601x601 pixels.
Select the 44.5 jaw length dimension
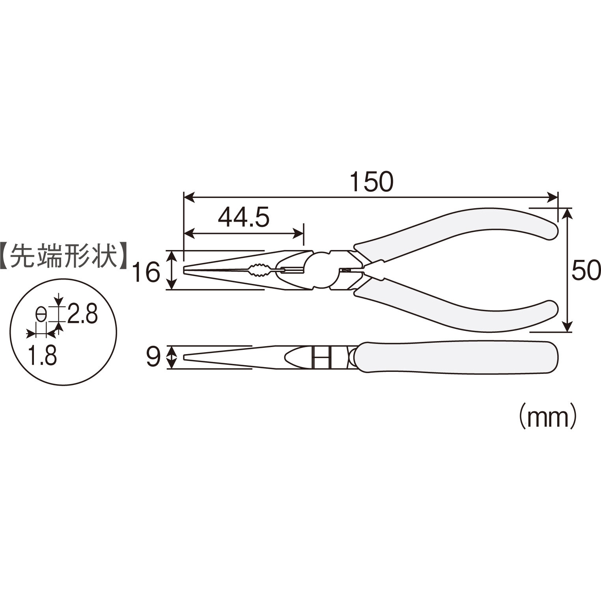click(x=243, y=218)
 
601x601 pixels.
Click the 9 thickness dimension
click(x=153, y=357)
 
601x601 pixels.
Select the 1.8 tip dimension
click(x=42, y=356)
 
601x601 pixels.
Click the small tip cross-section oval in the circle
click(x=41, y=315)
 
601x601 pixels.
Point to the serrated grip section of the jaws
click(x=259, y=270)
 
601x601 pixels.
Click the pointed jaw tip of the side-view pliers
click(x=186, y=357)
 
